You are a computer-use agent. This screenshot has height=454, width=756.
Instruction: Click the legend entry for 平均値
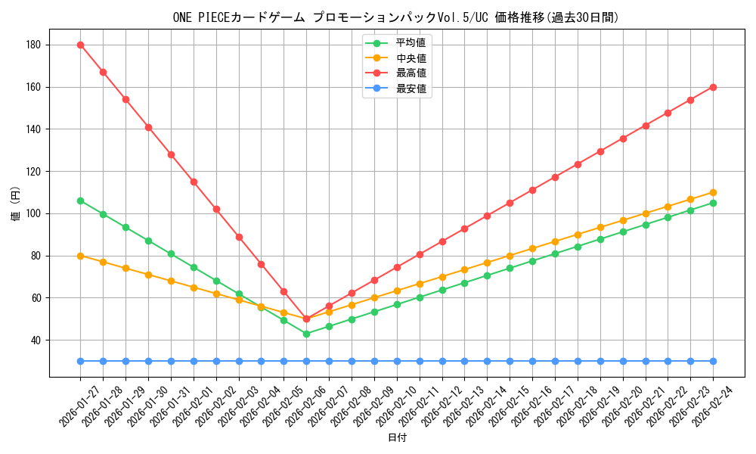(x=411, y=42)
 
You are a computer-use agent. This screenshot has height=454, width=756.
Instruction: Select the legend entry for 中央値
(x=411, y=58)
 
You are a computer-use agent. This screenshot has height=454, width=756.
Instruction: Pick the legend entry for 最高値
(x=411, y=73)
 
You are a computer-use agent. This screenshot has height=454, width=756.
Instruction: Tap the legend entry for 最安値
(x=411, y=89)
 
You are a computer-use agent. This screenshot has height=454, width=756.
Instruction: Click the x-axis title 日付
(x=397, y=438)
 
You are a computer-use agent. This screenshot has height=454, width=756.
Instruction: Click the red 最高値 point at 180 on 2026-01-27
(x=80, y=45)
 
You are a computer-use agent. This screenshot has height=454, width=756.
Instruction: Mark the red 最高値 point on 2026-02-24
(x=713, y=87)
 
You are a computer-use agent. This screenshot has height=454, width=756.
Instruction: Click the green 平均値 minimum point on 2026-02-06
(x=306, y=334)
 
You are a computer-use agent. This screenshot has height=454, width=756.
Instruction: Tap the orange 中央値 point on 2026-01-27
(x=80, y=256)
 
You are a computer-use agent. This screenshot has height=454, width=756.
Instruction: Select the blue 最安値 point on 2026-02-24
(x=713, y=361)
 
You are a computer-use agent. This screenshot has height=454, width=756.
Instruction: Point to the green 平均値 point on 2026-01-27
(x=80, y=201)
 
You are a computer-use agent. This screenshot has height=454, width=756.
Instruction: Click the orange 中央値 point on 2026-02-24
(x=713, y=192)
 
